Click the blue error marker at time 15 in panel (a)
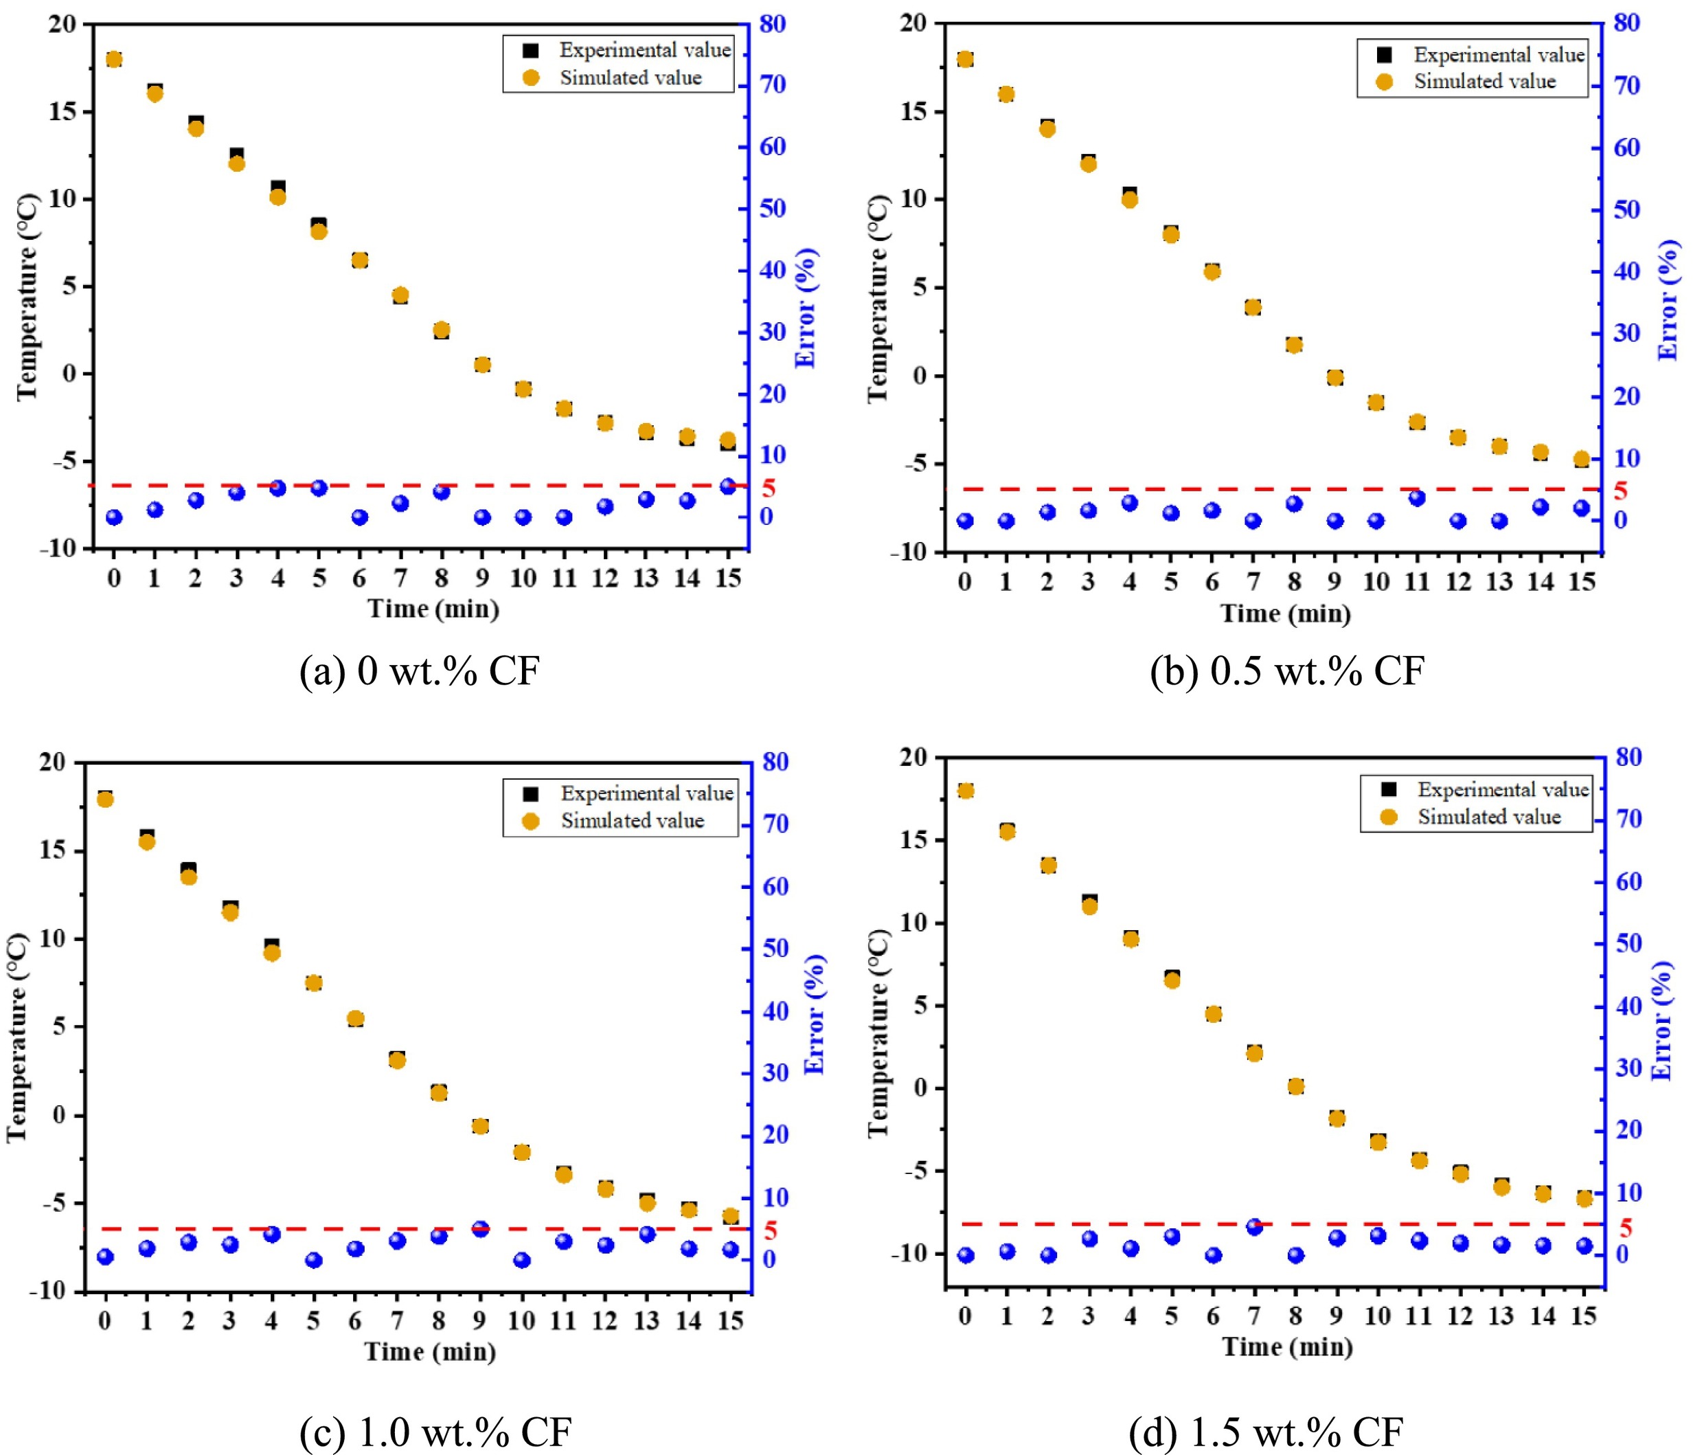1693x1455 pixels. click(727, 486)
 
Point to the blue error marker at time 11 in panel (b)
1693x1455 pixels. click(1417, 498)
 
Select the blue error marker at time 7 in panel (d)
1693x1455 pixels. click(1254, 1226)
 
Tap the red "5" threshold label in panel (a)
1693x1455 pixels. click(768, 489)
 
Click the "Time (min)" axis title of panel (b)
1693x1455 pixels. click(1285, 613)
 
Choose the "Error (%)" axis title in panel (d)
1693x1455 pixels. click(1663, 1020)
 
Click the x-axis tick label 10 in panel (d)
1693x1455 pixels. click(1378, 1316)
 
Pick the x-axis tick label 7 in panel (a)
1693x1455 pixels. click(400, 578)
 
